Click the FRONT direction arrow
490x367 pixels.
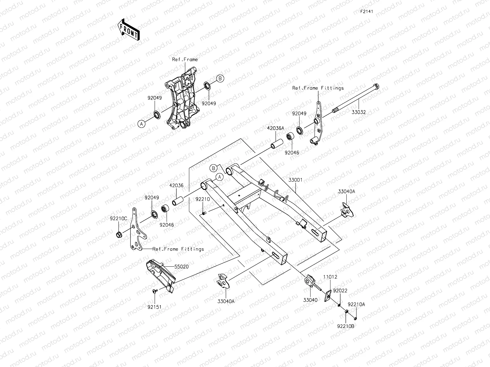pos(128,29)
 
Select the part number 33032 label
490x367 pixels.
pos(358,112)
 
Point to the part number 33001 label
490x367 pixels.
pos(295,180)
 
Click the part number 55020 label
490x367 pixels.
pos(182,267)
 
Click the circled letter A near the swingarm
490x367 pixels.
pos(219,177)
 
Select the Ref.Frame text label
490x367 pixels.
pos(185,60)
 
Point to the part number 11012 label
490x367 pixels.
pos(330,277)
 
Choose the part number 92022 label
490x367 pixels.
pos(340,291)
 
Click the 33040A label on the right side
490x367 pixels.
pos(346,192)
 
